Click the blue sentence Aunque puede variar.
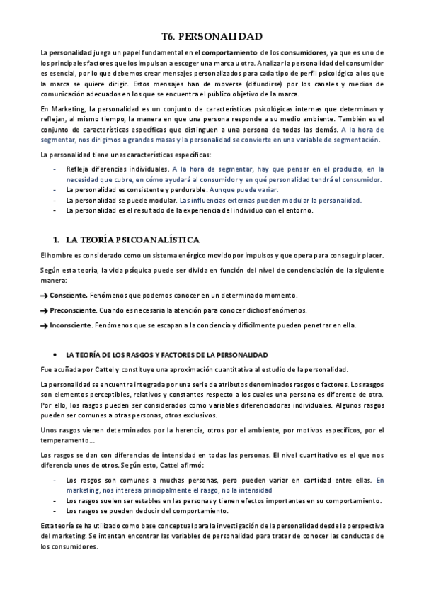(248, 190)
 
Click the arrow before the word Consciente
(44, 295)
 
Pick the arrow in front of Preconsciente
(44, 310)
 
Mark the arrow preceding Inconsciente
(44, 325)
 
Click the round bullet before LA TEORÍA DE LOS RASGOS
(56, 353)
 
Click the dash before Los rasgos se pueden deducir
(56, 510)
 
